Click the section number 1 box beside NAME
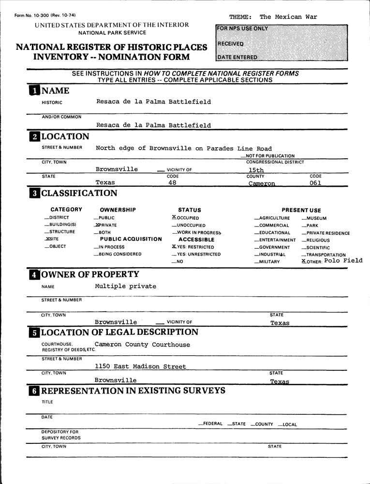[34, 91]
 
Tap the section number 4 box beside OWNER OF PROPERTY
[34, 275]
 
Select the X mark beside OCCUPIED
[174, 217]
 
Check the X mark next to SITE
[47, 239]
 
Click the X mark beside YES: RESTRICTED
[174, 246]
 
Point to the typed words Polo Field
[343, 260]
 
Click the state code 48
[172, 183]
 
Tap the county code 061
[315, 183]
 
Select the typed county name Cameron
[262, 183]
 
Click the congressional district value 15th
[256, 170]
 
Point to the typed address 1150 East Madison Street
[140, 366]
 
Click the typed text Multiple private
[125, 286]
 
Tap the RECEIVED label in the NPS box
[230, 44]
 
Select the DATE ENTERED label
[237, 57]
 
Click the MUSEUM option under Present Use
[315, 218]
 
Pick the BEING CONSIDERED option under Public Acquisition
[120, 254]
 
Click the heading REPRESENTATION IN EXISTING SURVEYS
[133, 391]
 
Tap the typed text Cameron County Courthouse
[142, 345]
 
